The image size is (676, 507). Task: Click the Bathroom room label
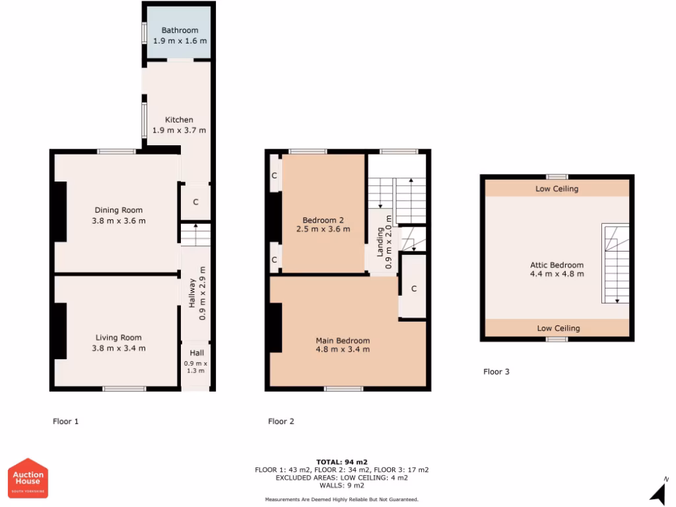180,30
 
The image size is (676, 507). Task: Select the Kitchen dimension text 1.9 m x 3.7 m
180,130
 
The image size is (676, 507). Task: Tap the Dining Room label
119,211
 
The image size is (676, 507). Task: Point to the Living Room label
119,338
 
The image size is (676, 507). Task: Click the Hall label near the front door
196,353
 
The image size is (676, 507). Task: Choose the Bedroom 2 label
323,220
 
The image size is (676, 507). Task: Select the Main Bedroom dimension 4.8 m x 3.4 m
342,349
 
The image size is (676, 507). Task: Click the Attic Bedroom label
557,265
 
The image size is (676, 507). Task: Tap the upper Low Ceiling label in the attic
557,189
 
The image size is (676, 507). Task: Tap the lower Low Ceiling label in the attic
558,328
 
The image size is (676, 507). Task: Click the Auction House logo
28,478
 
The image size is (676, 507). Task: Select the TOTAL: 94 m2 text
341,462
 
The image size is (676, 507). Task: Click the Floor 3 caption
496,372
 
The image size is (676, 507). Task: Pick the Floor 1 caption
66,421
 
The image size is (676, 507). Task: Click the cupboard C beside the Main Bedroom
413,289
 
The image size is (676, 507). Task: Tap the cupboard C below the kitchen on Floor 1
195,202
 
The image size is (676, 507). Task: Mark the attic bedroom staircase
615,263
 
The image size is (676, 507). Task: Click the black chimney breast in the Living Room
59,331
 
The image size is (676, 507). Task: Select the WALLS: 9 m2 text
341,485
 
